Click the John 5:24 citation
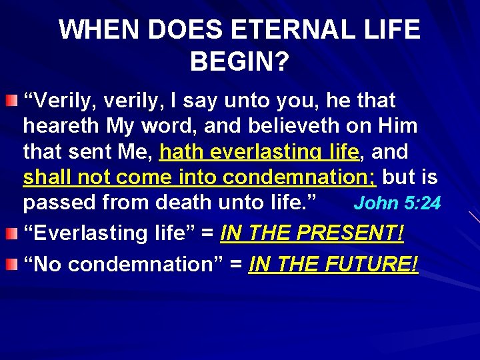coord(397,203)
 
